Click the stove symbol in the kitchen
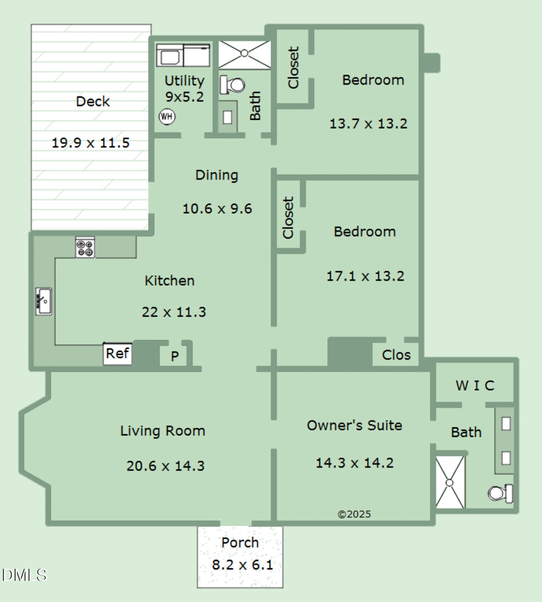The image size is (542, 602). [x=85, y=248]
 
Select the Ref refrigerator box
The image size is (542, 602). [x=117, y=353]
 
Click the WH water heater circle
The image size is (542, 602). [x=167, y=117]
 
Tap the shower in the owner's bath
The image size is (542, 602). [x=450, y=481]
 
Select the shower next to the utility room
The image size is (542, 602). [x=245, y=54]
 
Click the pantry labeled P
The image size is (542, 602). [x=175, y=356]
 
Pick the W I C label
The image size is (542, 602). [x=475, y=386]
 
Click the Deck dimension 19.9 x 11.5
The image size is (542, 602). [x=90, y=143]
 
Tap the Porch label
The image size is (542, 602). [x=240, y=542]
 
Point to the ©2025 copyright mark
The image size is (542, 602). [x=354, y=514]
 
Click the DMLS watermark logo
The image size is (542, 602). [x=24, y=575]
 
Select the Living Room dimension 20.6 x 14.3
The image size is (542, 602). [x=165, y=465]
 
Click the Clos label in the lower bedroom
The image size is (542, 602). [x=396, y=355]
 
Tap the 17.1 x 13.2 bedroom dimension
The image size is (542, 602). [x=365, y=276]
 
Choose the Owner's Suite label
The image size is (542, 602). [x=354, y=425]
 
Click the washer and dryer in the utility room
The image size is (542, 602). [x=183, y=55]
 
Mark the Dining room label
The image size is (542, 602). [x=217, y=175]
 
